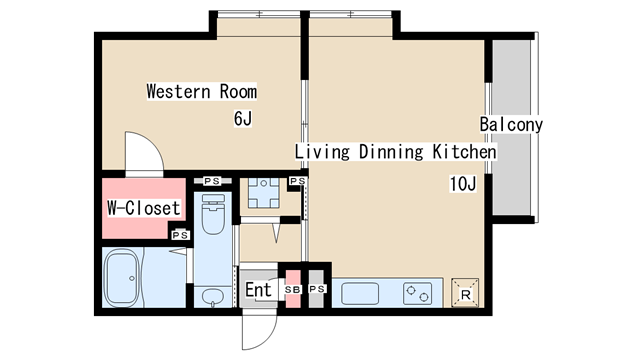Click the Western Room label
[202, 91]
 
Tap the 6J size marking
[243, 118]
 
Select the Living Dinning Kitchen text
[396, 151]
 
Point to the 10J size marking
[463, 184]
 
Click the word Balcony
[511, 124]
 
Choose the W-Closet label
[144, 208]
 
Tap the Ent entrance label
[258, 290]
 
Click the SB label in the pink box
[293, 289]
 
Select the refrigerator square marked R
[465, 293]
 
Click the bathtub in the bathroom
[122, 278]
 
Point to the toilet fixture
[213, 214]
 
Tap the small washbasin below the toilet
[212, 296]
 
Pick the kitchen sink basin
[360, 293]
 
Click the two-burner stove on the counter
[418, 293]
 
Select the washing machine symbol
[264, 193]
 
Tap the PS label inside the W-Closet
[180, 235]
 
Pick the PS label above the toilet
[212, 181]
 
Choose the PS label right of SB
[317, 289]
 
